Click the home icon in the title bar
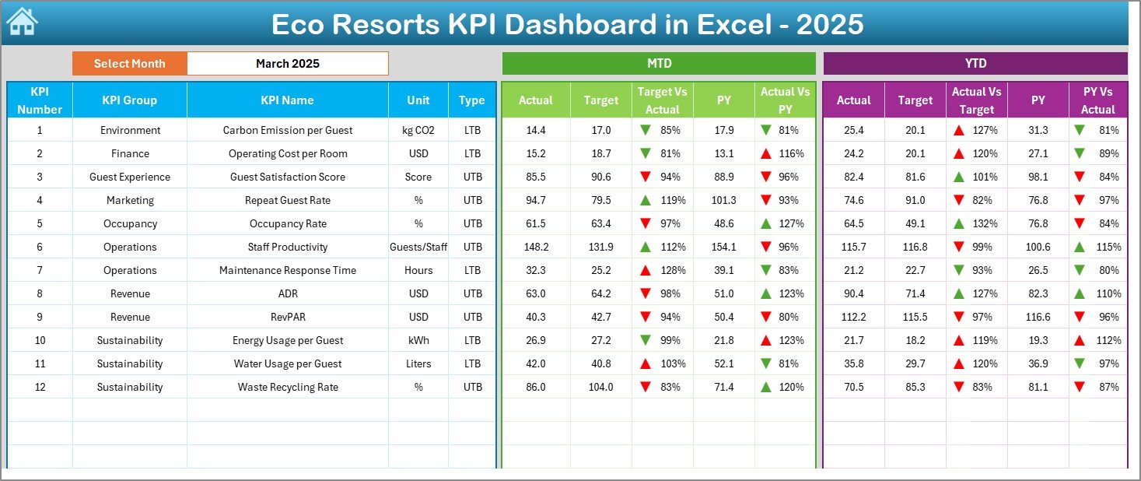21,21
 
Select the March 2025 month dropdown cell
288,64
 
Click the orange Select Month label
130,64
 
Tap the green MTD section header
659,63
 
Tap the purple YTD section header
975,63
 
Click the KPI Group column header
129,100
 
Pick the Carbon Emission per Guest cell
287,130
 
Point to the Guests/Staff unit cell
418,247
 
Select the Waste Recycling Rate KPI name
287,387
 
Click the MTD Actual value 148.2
536,247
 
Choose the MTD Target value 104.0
601,387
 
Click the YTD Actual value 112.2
853,317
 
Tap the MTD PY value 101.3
723,200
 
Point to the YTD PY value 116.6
1038,317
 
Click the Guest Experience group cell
129,177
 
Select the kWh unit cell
418,340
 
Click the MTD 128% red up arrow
645,270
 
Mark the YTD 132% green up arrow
959,223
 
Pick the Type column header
471,100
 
